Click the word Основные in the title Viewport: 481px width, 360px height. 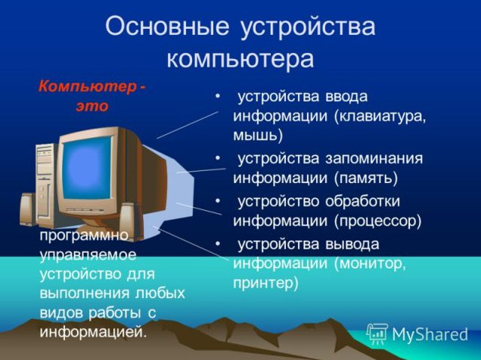point(167,26)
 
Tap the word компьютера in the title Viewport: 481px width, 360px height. point(240,58)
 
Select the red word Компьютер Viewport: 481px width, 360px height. point(88,87)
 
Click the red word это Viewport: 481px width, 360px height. point(92,106)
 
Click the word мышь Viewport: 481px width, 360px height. point(257,135)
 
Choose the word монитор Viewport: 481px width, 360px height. point(370,263)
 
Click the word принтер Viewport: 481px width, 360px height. point(265,283)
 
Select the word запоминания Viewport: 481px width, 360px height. point(374,159)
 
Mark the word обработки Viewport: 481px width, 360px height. point(362,201)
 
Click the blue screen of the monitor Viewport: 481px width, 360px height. point(87,168)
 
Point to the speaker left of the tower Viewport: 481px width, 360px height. point(27,210)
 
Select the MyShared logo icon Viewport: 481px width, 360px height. point(377,334)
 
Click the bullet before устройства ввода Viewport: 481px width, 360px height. point(218,96)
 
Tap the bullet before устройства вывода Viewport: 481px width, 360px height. point(218,244)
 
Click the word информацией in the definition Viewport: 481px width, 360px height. point(93,332)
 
